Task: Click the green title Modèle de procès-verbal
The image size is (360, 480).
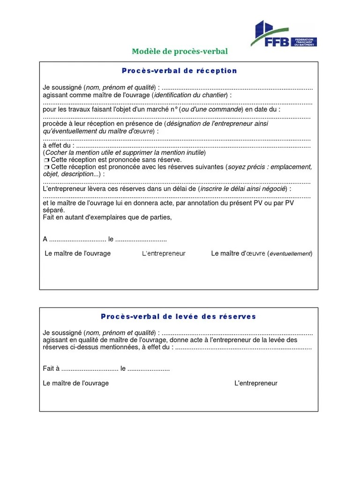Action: (x=180, y=52)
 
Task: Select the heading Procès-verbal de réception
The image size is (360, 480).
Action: (x=180, y=71)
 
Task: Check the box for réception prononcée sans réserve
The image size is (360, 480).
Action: (x=46, y=160)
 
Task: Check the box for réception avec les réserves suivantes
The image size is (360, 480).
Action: (x=46, y=167)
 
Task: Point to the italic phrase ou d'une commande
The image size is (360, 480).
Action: (x=212, y=109)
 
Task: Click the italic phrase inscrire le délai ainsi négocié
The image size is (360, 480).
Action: (x=243, y=189)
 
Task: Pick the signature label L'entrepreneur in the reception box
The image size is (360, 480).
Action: (x=164, y=254)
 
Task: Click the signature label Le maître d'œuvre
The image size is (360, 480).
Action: (x=239, y=254)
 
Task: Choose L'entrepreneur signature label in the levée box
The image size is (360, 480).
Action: (x=256, y=383)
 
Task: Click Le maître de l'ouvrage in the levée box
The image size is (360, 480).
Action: (x=75, y=383)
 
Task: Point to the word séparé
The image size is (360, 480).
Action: (x=53, y=210)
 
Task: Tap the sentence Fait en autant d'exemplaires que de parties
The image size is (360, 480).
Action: (x=107, y=217)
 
